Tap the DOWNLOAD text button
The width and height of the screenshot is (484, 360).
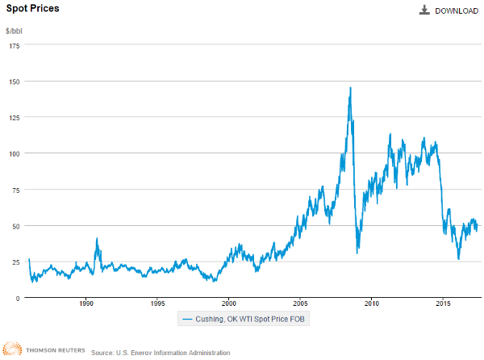pyautogui.click(x=457, y=10)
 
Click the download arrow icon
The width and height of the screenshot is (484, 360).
pyautogui.click(x=423, y=10)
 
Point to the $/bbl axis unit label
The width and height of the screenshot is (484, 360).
pyautogui.click(x=16, y=31)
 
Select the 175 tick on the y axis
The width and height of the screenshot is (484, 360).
pyautogui.click(x=15, y=46)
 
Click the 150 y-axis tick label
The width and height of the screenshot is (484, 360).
pyautogui.click(x=15, y=82)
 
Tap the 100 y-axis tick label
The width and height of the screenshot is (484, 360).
pyautogui.click(x=15, y=153)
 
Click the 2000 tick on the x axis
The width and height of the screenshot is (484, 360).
pyautogui.click(x=228, y=304)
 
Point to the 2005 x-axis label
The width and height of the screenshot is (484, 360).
pyautogui.click(x=300, y=304)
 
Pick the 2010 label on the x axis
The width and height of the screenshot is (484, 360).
pyautogui.click(x=371, y=304)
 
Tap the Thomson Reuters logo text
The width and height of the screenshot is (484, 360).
pyautogui.click(x=49, y=352)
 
